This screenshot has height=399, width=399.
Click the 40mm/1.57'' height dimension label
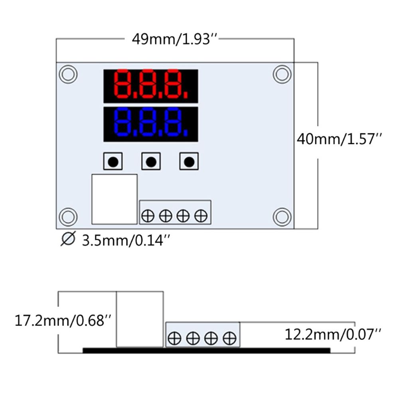point(340,139)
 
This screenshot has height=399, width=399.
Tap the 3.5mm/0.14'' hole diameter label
point(127,240)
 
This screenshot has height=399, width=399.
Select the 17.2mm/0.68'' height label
point(63,320)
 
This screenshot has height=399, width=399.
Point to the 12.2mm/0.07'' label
point(333,334)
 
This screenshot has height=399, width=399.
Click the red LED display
point(151,85)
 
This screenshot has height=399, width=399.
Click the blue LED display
point(151,124)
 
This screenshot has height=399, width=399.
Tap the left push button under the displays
point(113,162)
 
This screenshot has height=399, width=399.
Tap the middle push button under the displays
point(151,162)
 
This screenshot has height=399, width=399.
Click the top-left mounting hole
point(68,74)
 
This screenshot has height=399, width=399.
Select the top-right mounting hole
point(282,74)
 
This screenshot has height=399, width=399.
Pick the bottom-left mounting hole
point(68,217)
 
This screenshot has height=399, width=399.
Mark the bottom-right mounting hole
point(282,217)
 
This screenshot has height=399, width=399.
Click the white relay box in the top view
point(115,199)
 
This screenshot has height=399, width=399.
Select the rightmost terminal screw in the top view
point(200,216)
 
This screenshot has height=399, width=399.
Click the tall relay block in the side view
point(140,319)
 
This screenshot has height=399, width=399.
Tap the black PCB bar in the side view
point(207,350)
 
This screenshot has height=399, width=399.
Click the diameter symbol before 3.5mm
point(68,240)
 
